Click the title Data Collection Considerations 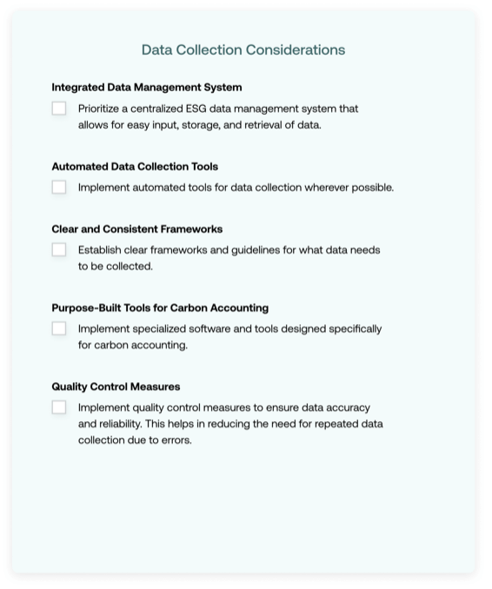[x=243, y=50]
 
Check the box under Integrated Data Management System [x=59, y=109]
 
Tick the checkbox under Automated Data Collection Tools [x=59, y=187]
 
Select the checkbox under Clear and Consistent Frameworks [x=59, y=249]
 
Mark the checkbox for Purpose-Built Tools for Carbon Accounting [x=59, y=328]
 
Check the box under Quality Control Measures [x=59, y=407]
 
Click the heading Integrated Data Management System [x=147, y=87]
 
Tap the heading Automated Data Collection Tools [x=135, y=166]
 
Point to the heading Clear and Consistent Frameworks [x=137, y=229]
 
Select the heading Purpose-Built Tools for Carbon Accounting [x=160, y=308]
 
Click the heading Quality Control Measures [x=116, y=387]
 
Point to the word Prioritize [x=102, y=109]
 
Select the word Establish [x=102, y=250]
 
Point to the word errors [x=176, y=440]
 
